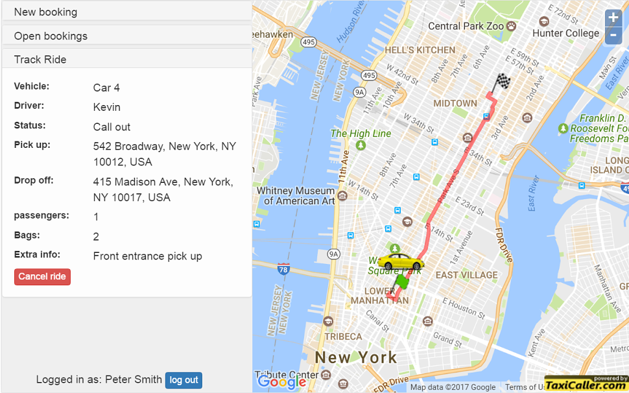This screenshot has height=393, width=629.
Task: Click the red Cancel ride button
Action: (x=42, y=277)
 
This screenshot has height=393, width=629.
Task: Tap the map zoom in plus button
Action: (x=613, y=18)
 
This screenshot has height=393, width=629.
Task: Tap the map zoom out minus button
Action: (x=613, y=36)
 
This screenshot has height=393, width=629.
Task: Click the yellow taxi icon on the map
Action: (x=401, y=262)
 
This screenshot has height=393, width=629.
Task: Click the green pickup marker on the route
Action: (x=403, y=281)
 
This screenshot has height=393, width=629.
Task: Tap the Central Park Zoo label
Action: (x=466, y=27)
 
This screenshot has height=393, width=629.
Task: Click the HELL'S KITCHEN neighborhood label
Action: (x=420, y=50)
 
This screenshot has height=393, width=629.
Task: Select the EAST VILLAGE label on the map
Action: (x=467, y=275)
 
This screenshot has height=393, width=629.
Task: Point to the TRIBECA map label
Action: (x=343, y=337)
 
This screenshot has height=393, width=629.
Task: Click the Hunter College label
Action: (x=565, y=33)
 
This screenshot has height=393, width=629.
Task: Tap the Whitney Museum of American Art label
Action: (x=296, y=196)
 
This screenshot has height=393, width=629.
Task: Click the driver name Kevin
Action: (x=106, y=107)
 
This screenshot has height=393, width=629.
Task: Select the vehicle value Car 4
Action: (x=106, y=88)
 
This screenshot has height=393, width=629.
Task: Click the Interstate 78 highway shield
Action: (x=283, y=268)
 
